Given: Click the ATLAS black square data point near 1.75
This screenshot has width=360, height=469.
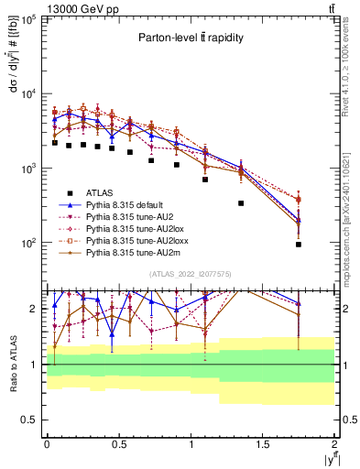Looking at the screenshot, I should coord(299,245).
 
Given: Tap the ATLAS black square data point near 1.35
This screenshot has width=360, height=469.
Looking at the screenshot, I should coord(241,203).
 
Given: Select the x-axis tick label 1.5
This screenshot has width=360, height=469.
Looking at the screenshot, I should coord(263,443).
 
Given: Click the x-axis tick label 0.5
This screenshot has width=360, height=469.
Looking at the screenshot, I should coord(118,443).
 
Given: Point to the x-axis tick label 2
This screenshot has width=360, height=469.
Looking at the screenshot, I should coord(334,443).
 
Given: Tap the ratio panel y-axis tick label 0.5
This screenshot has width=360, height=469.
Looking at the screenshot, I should coord(27,420).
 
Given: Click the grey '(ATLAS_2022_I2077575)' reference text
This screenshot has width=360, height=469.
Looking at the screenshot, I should coord(190,274).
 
